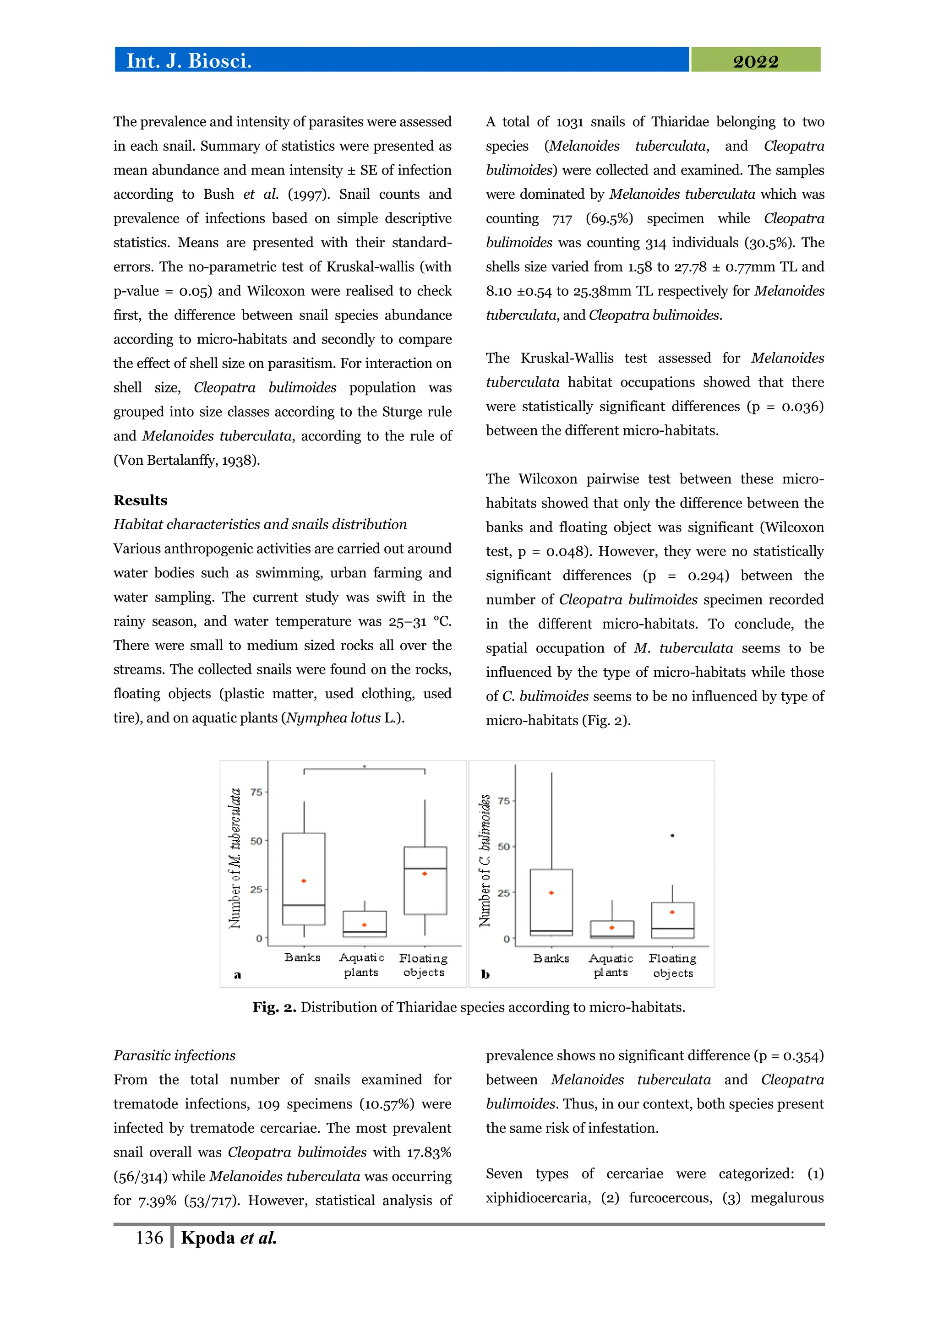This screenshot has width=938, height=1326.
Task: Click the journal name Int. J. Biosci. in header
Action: tap(189, 60)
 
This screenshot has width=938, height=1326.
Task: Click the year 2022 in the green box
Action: tap(755, 61)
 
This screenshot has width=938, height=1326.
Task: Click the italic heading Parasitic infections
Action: tap(175, 1055)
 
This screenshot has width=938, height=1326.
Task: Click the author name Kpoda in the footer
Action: tap(208, 1238)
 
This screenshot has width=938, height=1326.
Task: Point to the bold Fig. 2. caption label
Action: tap(274, 1007)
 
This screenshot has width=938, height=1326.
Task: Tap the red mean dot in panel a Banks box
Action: tap(304, 881)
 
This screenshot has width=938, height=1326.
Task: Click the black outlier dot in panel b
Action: tap(672, 836)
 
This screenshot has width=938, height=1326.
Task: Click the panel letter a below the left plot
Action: tap(237, 975)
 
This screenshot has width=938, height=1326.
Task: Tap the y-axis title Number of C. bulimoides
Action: tap(485, 860)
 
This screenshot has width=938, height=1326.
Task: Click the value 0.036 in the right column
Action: tap(802, 407)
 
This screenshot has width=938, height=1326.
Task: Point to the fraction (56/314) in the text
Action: tap(140, 1176)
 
